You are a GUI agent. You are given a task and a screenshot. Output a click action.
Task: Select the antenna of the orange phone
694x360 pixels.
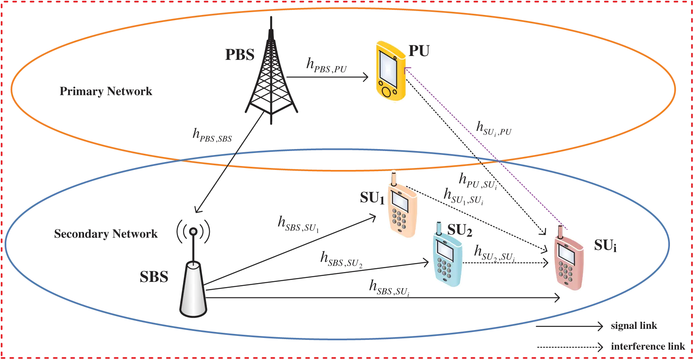click(x=393, y=178)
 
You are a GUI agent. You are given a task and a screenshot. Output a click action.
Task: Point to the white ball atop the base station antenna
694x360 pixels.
click(x=193, y=231)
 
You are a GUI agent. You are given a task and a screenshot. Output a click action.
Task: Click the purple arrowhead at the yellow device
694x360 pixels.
click(x=407, y=69)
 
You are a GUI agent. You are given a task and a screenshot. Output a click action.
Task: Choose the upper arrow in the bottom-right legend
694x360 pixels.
click(x=600, y=326)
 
